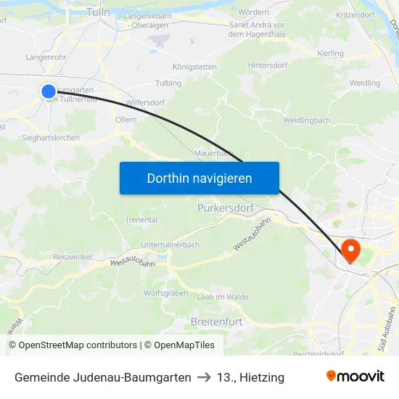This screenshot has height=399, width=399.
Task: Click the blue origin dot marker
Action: point(49,91)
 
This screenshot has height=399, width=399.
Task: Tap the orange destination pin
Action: point(350,251)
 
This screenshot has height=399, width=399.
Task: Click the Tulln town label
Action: point(98,12)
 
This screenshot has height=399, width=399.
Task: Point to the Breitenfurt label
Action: point(215,321)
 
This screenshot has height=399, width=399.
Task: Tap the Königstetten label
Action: point(194,67)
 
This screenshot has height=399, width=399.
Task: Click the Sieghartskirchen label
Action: point(51,138)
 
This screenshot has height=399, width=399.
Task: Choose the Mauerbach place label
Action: point(214,153)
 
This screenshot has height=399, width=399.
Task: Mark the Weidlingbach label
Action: point(307,120)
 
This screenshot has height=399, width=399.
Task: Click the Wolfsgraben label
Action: point(165,293)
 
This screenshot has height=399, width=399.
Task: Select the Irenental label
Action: point(141,220)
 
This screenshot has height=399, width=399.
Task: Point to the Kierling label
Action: point(330,54)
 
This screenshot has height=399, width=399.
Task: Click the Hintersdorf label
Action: point(269,65)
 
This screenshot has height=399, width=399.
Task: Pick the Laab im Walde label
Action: point(223,297)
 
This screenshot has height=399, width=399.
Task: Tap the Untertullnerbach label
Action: point(170,245)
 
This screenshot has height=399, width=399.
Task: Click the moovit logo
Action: point(355,377)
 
